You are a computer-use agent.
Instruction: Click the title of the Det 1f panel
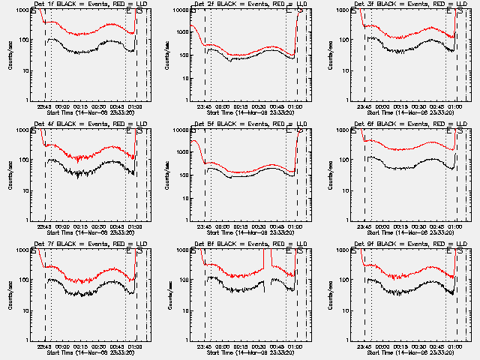92,4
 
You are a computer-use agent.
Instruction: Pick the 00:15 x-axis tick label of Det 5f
241,226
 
